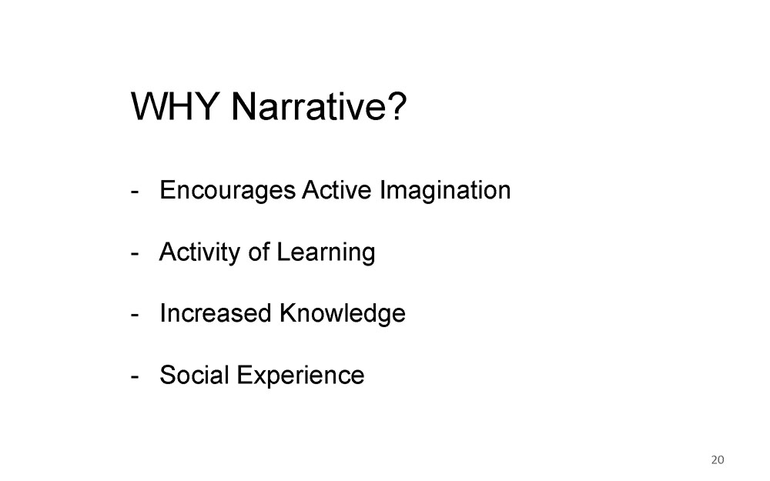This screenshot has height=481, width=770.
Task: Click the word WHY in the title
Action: click(175, 105)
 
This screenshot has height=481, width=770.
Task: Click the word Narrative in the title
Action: click(310, 105)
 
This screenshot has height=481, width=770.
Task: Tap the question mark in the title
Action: click(397, 105)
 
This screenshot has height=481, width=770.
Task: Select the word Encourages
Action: click(227, 190)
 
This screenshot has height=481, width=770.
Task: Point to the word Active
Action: click(336, 189)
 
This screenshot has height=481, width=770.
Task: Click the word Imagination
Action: click(445, 190)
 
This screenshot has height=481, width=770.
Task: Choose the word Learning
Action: click(326, 252)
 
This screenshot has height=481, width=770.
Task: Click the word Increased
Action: click(216, 312)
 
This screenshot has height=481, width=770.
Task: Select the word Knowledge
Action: click(343, 314)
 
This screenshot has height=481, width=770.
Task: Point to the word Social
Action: click(195, 375)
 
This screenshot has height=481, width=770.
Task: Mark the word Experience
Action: click(300, 376)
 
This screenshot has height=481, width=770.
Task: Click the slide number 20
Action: click(718, 460)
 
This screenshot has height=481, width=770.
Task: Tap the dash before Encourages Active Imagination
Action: click(135, 192)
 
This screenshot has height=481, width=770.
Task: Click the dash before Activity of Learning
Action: click(135, 254)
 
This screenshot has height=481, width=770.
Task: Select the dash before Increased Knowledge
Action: click(135, 315)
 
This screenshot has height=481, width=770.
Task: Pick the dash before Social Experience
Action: click(135, 377)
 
